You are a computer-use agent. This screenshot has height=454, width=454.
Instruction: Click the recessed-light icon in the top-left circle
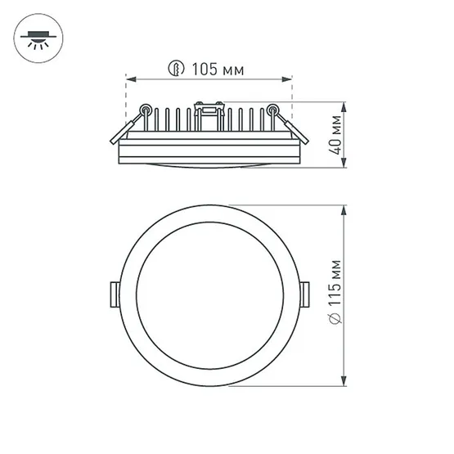point(38,38)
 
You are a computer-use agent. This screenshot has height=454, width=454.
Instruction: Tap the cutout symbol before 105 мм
point(173,70)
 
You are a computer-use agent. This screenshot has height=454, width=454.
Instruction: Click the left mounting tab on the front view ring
point(112,294)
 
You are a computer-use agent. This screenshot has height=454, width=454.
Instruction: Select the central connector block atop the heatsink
point(209,104)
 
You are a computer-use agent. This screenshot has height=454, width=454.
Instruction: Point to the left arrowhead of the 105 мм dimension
point(128,79)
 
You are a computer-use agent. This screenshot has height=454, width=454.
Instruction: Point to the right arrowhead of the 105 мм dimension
point(289,79)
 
